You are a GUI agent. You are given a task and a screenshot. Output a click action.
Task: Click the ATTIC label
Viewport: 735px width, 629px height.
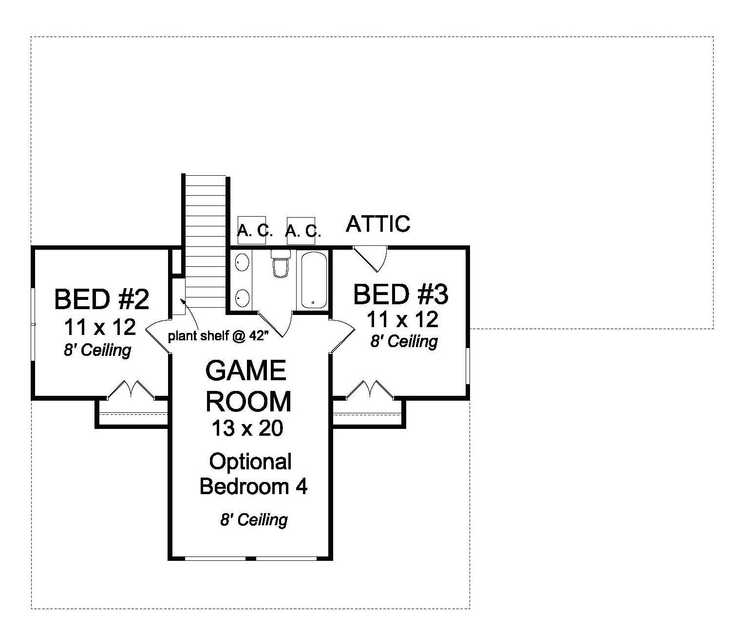(x=378, y=224)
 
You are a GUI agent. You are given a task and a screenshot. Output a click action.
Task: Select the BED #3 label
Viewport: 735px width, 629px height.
(x=400, y=295)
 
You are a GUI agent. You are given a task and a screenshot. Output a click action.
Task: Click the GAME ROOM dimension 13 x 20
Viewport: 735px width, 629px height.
(x=247, y=428)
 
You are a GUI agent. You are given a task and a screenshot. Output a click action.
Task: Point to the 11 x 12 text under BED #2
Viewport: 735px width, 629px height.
(x=100, y=327)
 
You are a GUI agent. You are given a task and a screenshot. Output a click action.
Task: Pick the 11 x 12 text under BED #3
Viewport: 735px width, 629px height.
(x=402, y=320)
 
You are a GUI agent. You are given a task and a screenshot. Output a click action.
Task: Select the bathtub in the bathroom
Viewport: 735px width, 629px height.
(x=313, y=280)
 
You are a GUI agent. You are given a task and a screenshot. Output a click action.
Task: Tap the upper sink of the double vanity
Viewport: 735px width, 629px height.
(x=242, y=263)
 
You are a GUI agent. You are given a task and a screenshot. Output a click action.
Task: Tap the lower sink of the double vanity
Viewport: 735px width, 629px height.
(x=242, y=296)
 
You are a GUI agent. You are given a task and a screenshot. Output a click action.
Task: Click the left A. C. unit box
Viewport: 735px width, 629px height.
(x=251, y=230)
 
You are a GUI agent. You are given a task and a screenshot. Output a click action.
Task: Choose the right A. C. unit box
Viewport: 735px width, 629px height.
(x=301, y=231)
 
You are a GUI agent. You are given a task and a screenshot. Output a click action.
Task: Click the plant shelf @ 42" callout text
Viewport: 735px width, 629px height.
(x=218, y=336)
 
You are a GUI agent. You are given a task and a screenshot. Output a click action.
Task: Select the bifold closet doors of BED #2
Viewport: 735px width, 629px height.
(x=131, y=389)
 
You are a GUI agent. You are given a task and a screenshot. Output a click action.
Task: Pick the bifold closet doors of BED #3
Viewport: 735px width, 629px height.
(x=370, y=389)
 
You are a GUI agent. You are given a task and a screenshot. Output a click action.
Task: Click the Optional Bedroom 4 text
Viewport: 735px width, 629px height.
(x=253, y=474)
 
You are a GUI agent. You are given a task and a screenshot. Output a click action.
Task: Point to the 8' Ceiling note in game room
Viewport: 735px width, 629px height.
(x=253, y=519)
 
